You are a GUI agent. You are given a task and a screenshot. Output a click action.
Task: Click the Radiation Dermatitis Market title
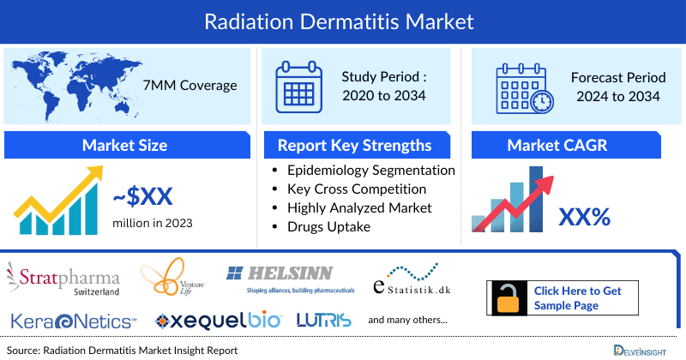[x=343, y=19]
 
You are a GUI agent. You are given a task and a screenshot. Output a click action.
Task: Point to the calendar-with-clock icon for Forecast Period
[x=524, y=87]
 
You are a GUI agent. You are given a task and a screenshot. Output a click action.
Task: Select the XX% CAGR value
[x=584, y=217]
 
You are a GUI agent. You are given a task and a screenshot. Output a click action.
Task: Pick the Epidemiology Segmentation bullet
[x=370, y=170]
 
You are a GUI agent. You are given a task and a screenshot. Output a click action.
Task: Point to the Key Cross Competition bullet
[x=357, y=189]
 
